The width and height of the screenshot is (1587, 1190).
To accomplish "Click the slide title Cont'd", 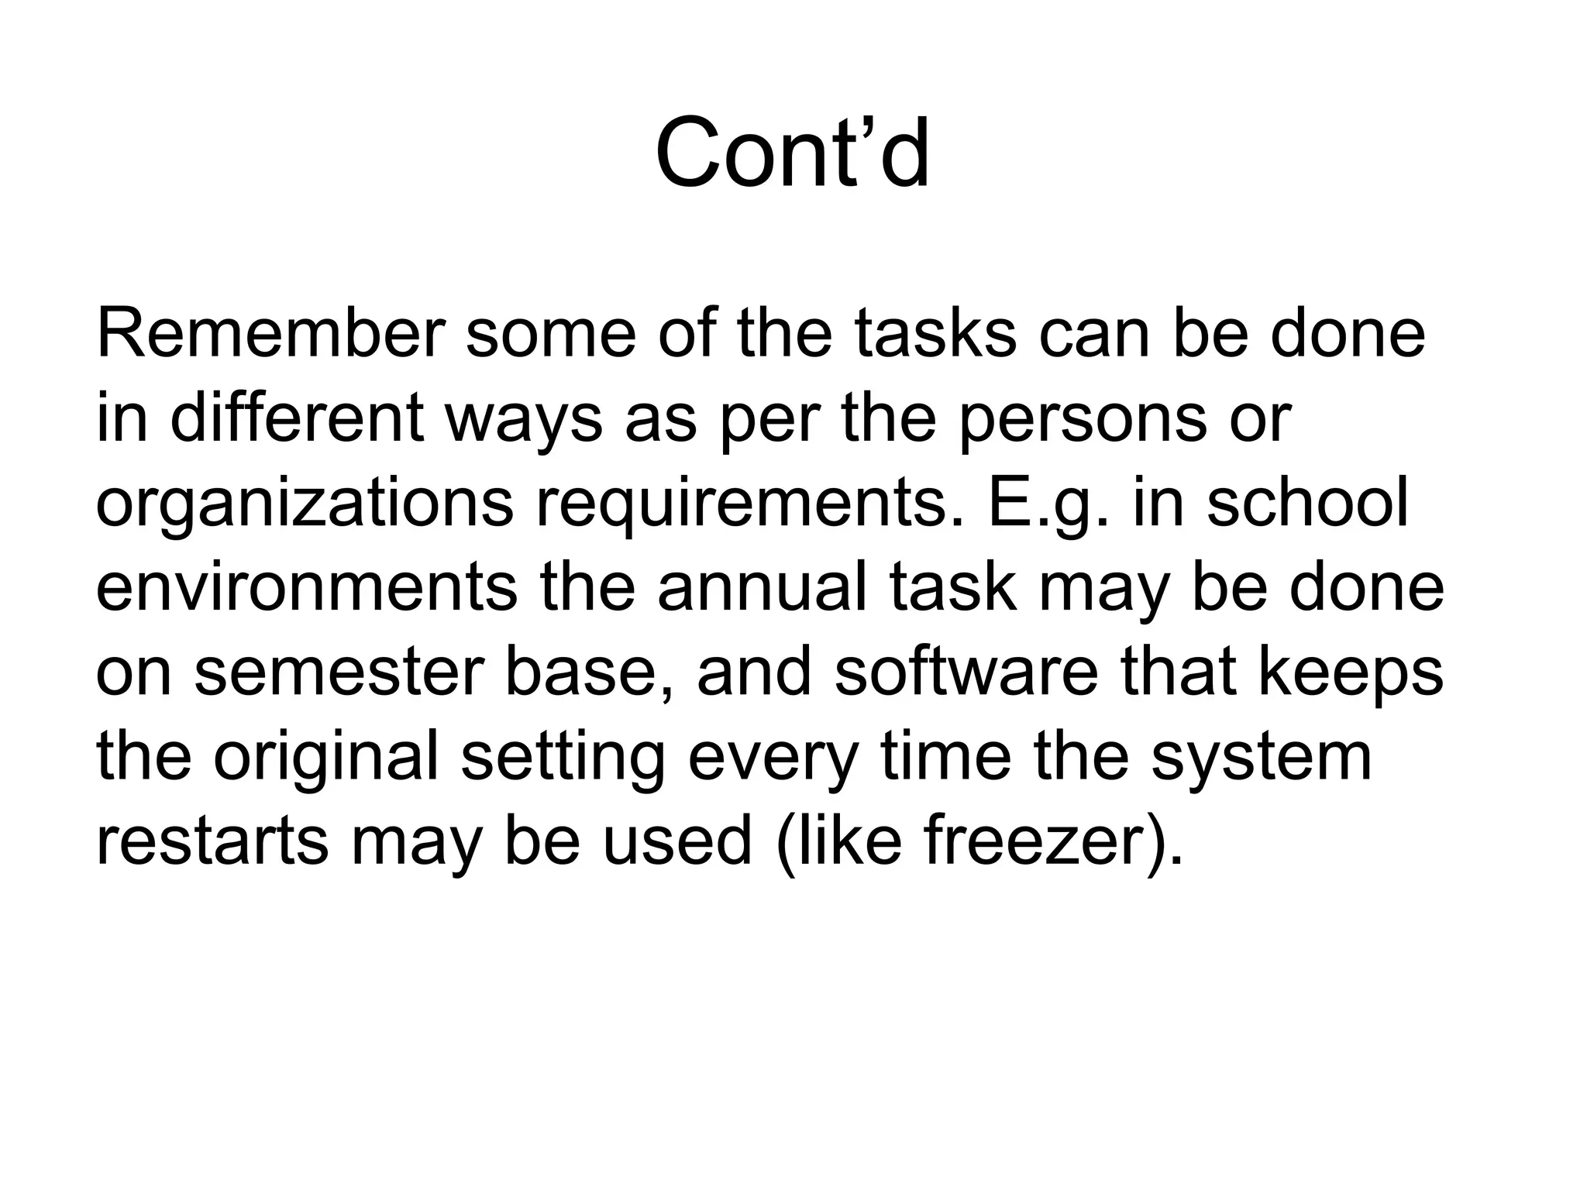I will (x=792, y=153).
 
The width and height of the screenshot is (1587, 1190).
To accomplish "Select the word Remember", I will (x=270, y=335).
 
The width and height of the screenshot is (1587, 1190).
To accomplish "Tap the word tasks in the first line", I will (x=935, y=335).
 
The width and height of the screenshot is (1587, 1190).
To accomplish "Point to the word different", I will (x=297, y=419).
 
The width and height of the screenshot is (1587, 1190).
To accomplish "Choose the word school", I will (x=1308, y=504).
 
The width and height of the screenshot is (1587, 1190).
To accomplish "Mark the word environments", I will (x=306, y=588).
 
